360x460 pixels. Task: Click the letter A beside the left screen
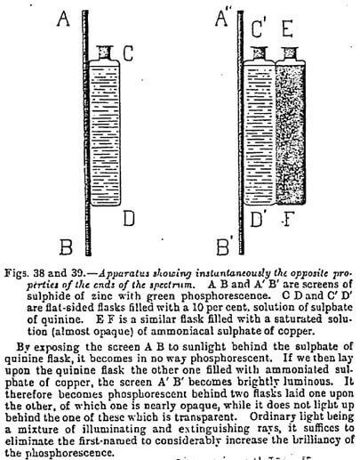tap(63, 19)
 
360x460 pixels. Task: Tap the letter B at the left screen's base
tap(66, 247)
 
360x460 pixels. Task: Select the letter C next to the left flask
tap(128, 53)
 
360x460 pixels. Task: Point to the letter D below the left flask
tap(129, 219)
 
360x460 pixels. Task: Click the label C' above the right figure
tap(259, 28)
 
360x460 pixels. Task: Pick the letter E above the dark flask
tap(287, 28)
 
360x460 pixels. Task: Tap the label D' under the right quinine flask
tap(257, 219)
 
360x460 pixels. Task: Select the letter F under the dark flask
tap(286, 220)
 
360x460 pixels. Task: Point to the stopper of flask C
tap(105, 52)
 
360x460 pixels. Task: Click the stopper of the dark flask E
tap(290, 53)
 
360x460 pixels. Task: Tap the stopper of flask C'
tap(259, 53)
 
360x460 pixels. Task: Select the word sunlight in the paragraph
tap(201, 347)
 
